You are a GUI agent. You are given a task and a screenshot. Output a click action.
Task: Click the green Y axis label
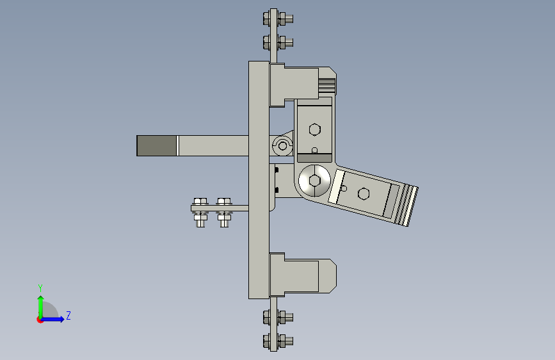coord(40,288)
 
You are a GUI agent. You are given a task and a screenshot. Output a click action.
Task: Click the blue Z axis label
coord(68,315)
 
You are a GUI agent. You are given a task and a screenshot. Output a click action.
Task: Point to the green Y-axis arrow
coord(41,307)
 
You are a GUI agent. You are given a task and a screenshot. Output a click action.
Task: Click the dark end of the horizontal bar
coord(156,145)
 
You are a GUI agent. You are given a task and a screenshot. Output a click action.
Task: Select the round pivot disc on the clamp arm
coord(314,181)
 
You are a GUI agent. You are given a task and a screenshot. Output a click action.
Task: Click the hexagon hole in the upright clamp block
coord(314,129)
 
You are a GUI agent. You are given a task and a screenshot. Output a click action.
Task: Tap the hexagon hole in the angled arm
coord(364,193)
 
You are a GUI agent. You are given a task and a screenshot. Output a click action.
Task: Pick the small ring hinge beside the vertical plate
coord(282,145)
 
